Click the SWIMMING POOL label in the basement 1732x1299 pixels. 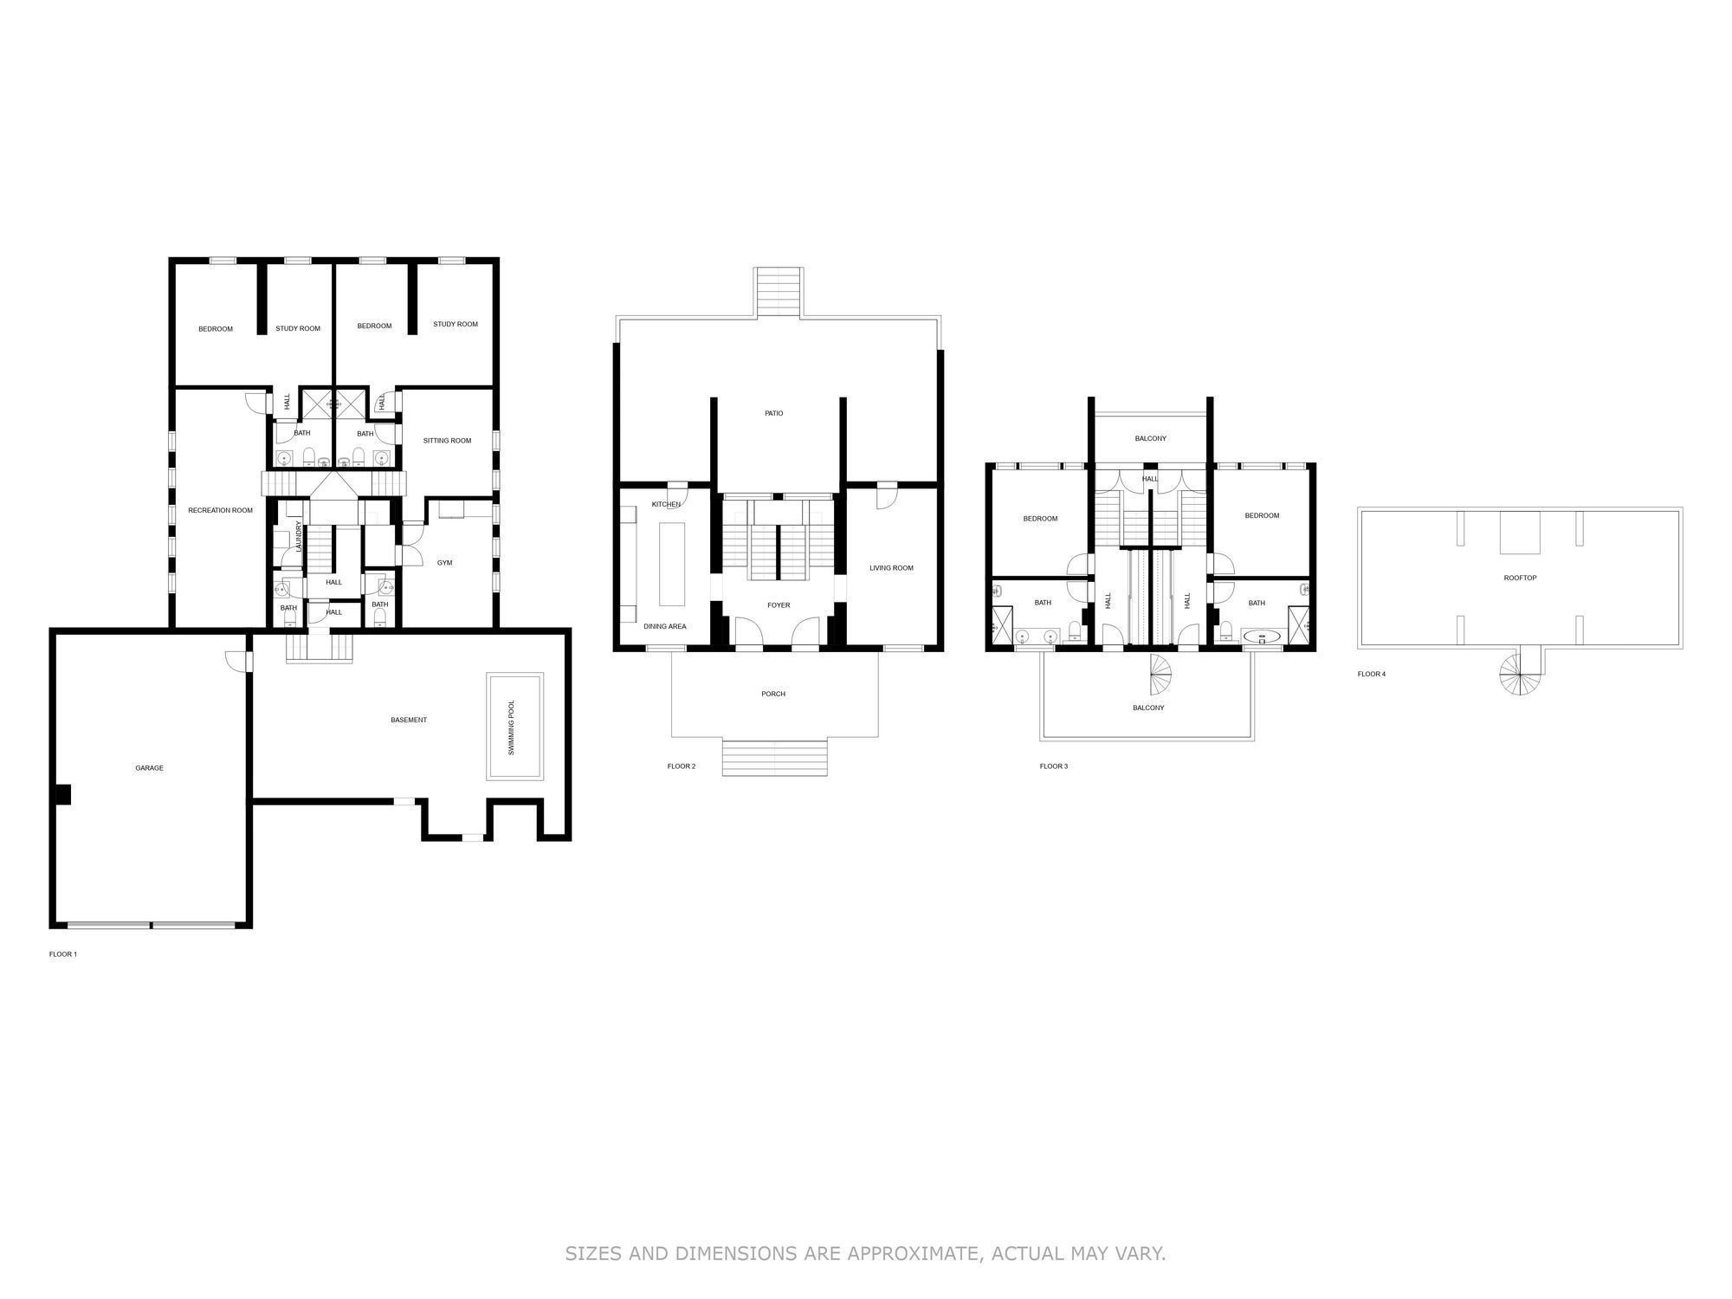click(511, 727)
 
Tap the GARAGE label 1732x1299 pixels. click(149, 768)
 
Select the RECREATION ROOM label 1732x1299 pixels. click(220, 510)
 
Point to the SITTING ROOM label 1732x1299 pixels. click(447, 441)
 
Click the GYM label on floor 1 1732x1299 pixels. click(444, 563)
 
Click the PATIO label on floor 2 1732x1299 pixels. click(773, 413)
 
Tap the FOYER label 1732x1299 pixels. click(778, 605)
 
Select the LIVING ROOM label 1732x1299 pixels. click(891, 568)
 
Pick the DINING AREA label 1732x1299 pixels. click(664, 626)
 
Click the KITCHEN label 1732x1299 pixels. click(665, 504)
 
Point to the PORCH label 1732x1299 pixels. click(772, 694)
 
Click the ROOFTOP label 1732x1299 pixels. click(1520, 578)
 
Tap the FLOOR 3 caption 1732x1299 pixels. click(1053, 766)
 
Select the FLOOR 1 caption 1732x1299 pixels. click(62, 954)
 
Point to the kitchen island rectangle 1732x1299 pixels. click(672, 564)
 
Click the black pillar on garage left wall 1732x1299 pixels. click(63, 795)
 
